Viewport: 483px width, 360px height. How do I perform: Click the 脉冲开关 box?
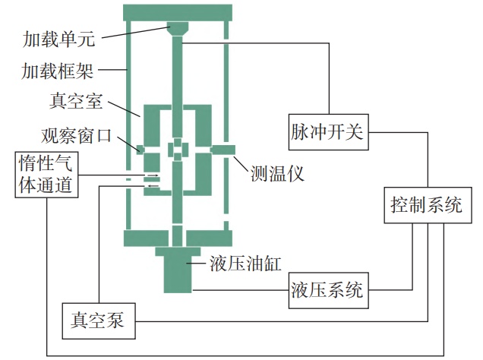coord(328,131)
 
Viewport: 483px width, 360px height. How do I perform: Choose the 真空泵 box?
coord(98,322)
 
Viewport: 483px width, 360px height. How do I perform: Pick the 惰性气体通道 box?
coord(47,173)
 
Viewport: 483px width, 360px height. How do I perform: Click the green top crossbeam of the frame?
coord(176,12)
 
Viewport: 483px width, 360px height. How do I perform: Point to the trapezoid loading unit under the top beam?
coord(177,29)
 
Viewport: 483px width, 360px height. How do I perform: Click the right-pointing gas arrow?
coord(153,175)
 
